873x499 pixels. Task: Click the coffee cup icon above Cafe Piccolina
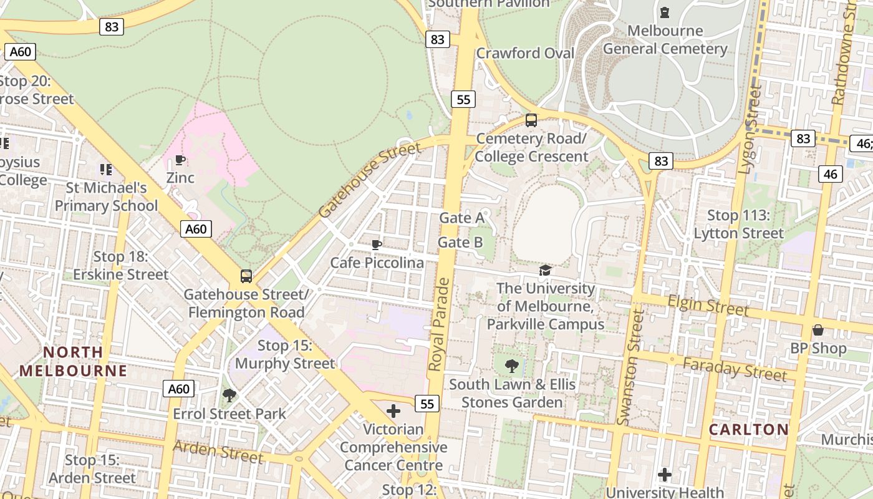(x=376, y=245)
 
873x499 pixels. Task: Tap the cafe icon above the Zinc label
(x=180, y=160)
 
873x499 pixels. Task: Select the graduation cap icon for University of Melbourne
(x=546, y=270)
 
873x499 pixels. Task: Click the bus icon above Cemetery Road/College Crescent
(x=531, y=120)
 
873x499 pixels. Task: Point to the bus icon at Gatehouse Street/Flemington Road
(x=246, y=276)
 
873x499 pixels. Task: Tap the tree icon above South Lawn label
(x=512, y=366)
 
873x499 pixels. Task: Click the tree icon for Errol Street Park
(x=229, y=395)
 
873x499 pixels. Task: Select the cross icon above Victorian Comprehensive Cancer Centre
(x=393, y=411)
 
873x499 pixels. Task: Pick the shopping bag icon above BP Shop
(x=818, y=330)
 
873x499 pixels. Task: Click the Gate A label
(x=461, y=218)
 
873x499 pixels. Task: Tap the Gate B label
(x=460, y=242)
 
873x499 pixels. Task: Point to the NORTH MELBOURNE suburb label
(x=73, y=361)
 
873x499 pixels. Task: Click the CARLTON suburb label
(x=749, y=429)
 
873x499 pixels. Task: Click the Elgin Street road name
(x=708, y=306)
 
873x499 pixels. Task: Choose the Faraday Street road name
(x=734, y=369)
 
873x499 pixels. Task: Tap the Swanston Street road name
(x=630, y=368)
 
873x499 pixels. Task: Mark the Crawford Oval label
(x=525, y=53)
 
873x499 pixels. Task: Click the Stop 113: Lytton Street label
(x=739, y=225)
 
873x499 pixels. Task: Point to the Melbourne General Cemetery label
(x=665, y=39)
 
